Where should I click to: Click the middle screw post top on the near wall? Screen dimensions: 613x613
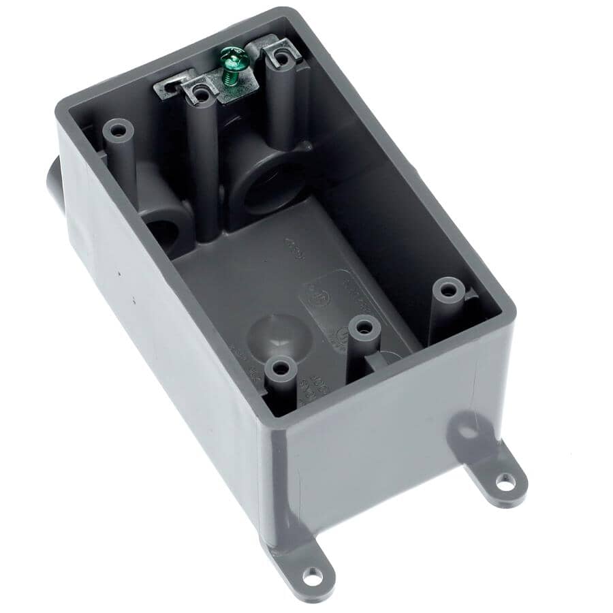click(x=364, y=328)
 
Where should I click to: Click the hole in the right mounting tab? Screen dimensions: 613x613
click(x=505, y=482)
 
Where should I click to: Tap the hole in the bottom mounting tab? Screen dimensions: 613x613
click(x=311, y=576)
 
